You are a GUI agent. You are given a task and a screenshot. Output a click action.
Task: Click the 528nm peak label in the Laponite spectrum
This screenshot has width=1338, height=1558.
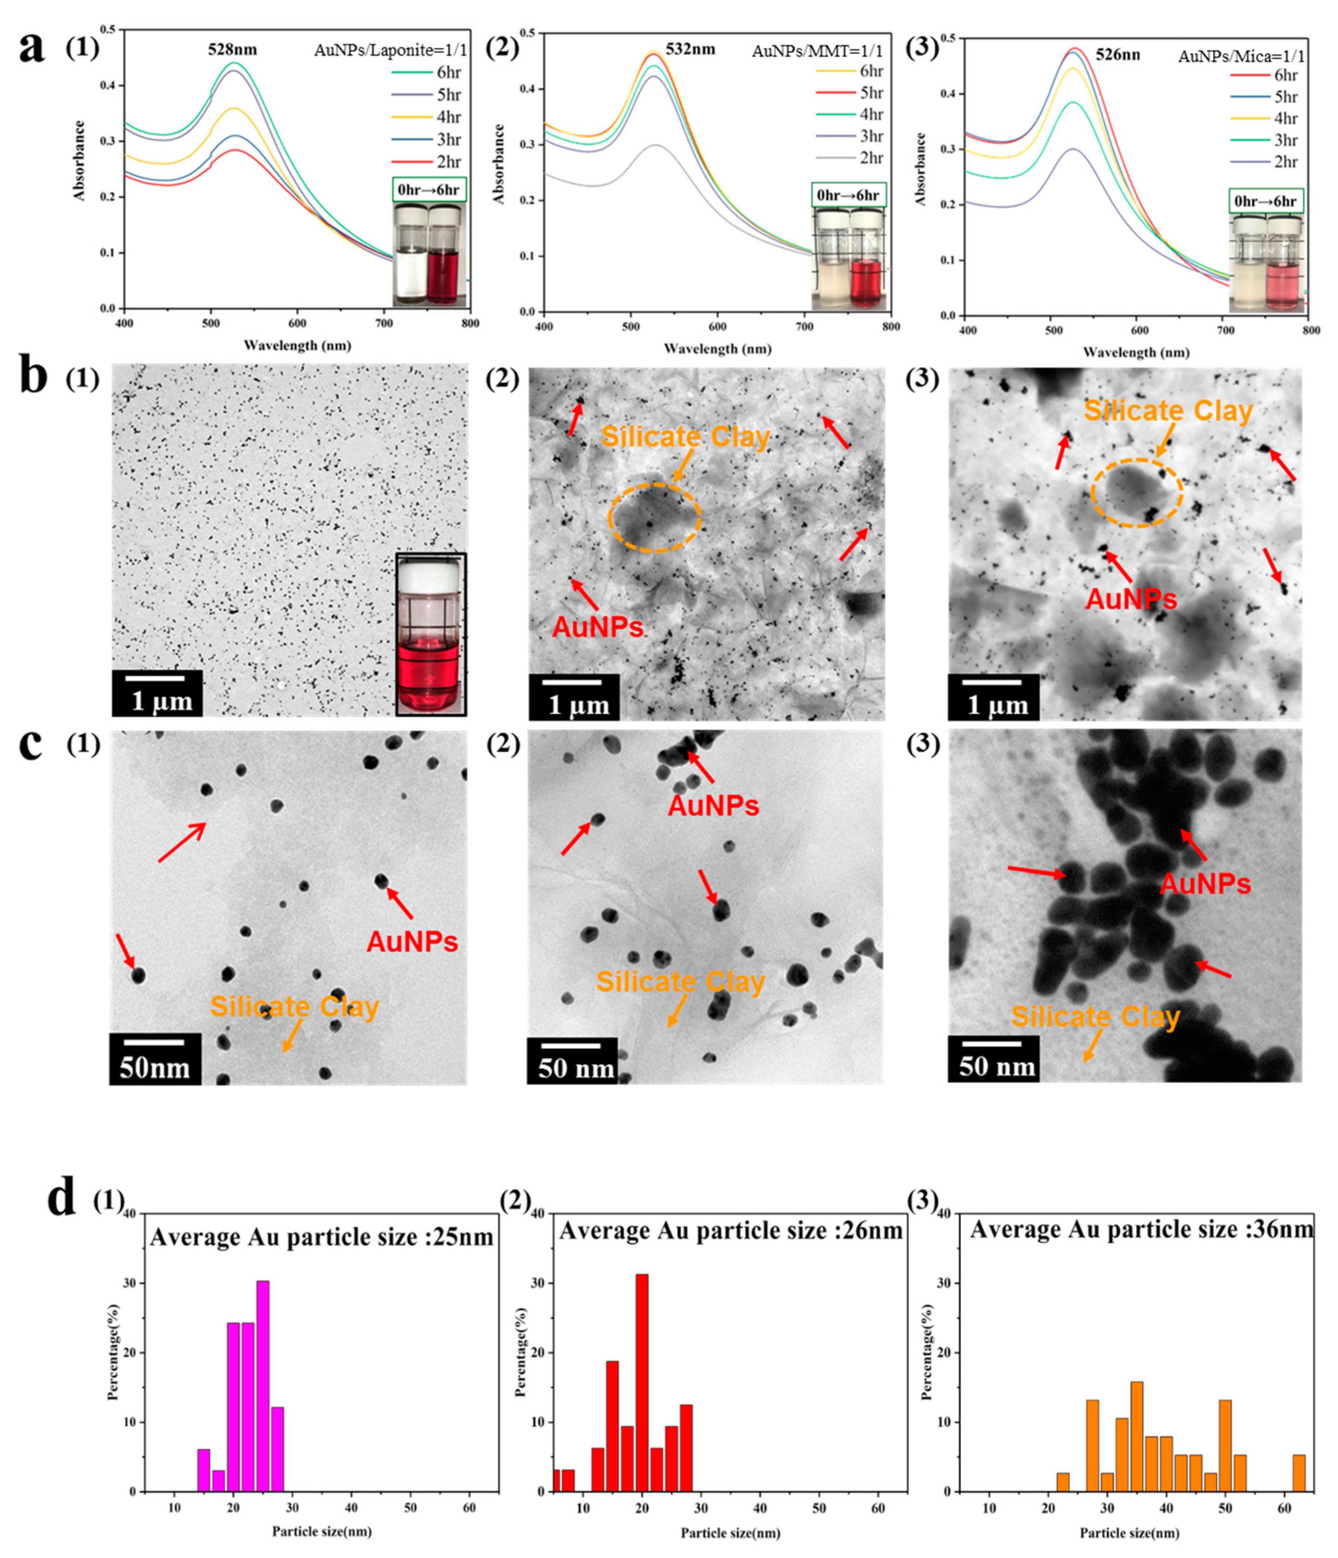point(232,49)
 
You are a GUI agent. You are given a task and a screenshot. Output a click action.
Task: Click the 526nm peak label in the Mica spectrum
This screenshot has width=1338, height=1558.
point(1117,55)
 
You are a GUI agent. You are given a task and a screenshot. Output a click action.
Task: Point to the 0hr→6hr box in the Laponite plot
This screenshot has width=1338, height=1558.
point(429,189)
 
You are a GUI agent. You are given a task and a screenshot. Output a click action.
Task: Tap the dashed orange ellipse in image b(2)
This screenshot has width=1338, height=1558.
point(655,517)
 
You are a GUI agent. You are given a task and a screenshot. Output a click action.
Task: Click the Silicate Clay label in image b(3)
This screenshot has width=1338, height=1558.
point(1167,411)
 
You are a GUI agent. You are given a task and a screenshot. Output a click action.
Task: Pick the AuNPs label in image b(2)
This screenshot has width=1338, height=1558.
point(598,627)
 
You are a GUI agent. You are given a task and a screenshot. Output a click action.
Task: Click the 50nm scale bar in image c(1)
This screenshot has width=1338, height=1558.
point(155,1058)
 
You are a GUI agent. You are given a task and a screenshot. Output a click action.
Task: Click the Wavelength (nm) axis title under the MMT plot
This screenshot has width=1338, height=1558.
point(717,349)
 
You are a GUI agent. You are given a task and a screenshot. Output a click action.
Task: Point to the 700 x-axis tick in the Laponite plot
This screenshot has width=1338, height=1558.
point(384,324)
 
